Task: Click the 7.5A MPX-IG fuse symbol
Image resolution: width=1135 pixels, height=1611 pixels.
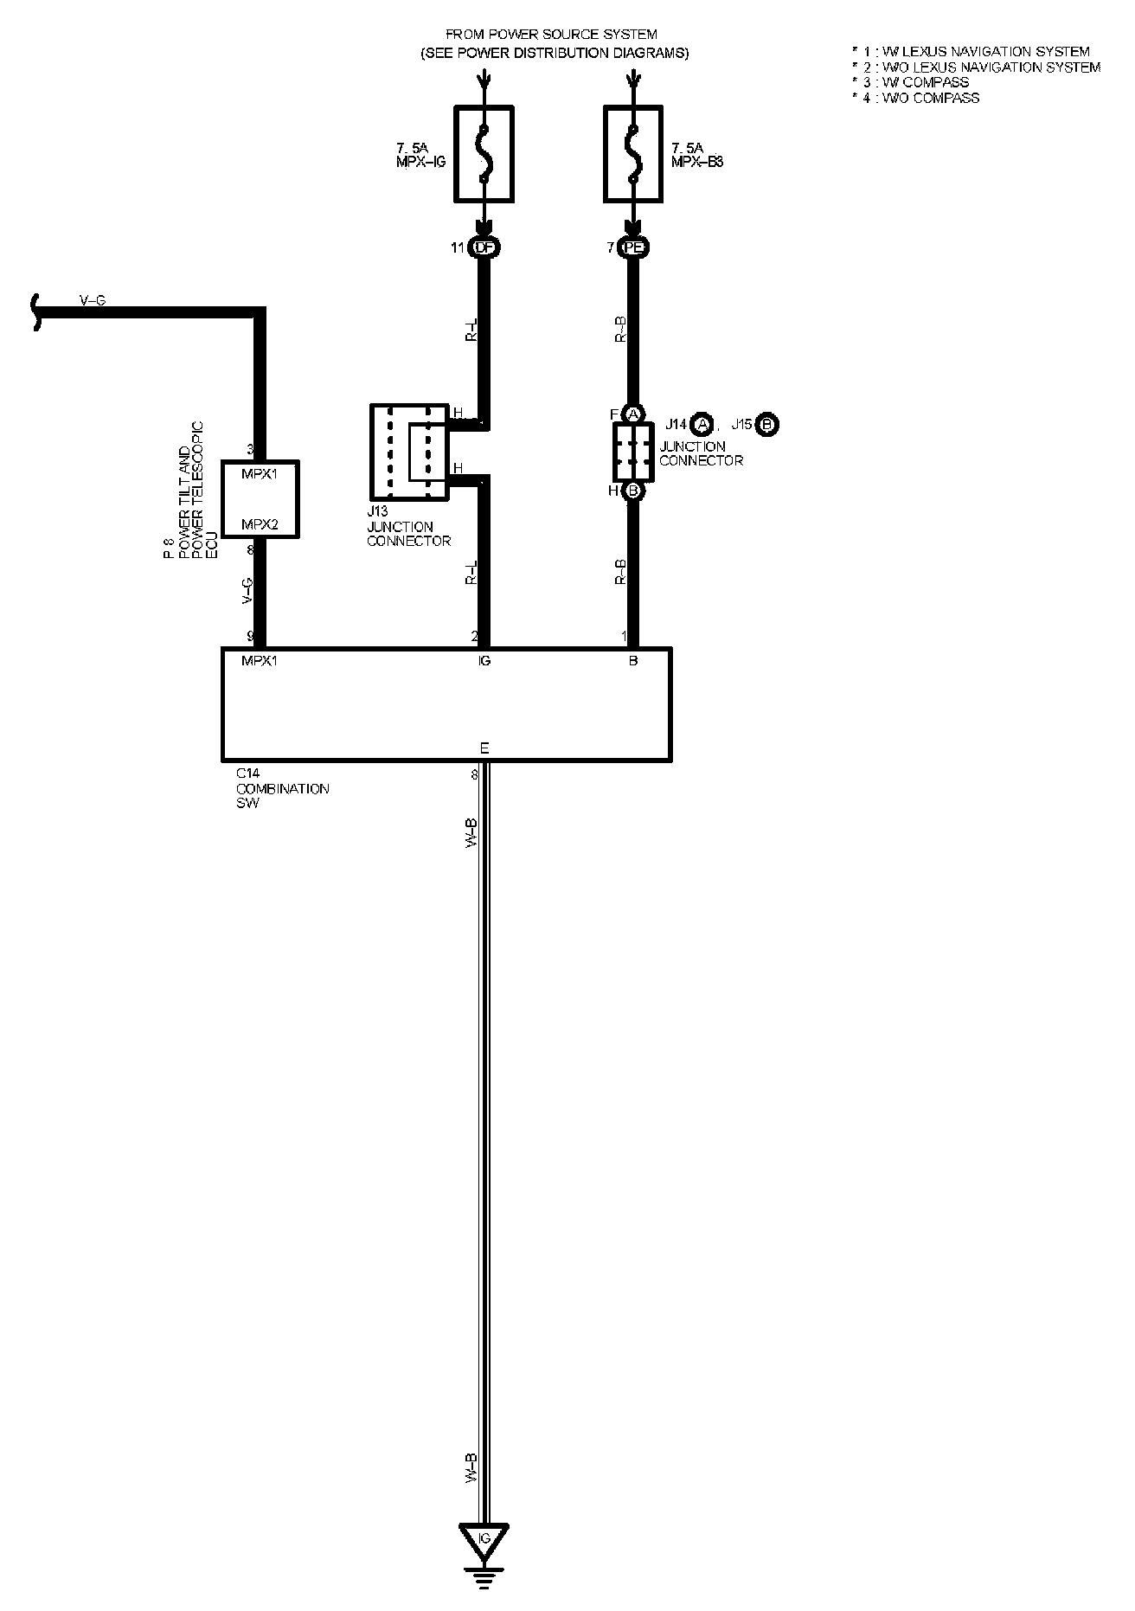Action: pyautogui.click(x=484, y=153)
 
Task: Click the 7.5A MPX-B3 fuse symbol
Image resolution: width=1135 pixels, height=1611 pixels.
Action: pyautogui.click(x=633, y=153)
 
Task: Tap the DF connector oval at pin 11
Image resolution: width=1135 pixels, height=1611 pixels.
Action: pyautogui.click(x=484, y=248)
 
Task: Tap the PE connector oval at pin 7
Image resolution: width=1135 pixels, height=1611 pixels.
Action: pyautogui.click(x=633, y=248)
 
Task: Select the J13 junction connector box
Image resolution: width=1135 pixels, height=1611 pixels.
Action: pyautogui.click(x=409, y=452)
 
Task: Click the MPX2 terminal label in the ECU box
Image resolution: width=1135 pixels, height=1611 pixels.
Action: pyautogui.click(x=260, y=524)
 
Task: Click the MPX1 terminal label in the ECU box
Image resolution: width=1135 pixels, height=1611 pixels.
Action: pyautogui.click(x=260, y=474)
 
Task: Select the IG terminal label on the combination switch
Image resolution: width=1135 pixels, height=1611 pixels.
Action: pyautogui.click(x=484, y=661)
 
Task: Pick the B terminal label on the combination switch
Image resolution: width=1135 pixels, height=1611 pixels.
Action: pyautogui.click(x=633, y=661)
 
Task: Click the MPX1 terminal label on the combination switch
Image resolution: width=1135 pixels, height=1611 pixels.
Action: pyautogui.click(x=260, y=661)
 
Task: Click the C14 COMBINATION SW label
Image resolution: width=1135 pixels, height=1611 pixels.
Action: pyautogui.click(x=283, y=788)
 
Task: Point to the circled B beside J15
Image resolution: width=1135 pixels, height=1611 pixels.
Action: pyautogui.click(x=767, y=425)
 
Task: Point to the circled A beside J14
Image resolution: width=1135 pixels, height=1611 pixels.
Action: pyautogui.click(x=702, y=425)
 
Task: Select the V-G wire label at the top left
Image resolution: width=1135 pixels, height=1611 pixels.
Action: pyautogui.click(x=93, y=300)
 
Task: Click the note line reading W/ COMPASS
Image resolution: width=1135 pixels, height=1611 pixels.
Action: pyautogui.click(x=916, y=83)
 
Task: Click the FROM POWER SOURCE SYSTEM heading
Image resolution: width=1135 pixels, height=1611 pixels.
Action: pyautogui.click(x=551, y=35)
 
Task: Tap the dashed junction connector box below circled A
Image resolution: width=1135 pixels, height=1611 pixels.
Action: pyautogui.click(x=633, y=452)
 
